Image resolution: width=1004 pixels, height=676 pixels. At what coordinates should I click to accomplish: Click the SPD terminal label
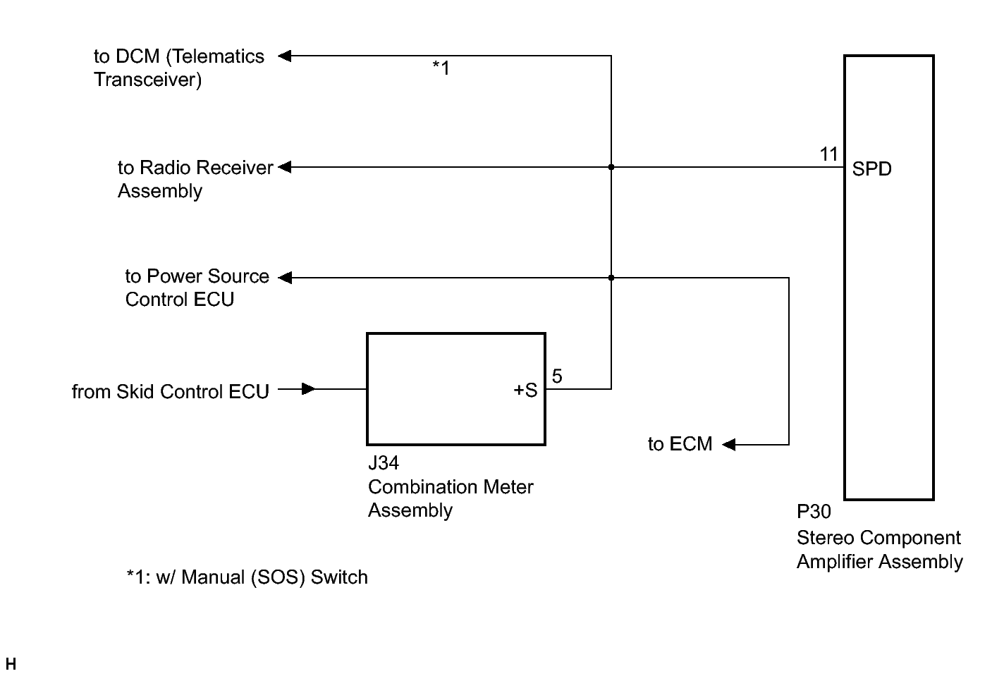[871, 169]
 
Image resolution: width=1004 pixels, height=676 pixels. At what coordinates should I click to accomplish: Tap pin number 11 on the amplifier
[828, 154]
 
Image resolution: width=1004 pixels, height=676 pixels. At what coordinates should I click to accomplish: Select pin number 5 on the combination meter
[557, 376]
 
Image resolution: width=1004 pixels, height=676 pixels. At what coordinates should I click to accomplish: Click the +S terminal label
[525, 390]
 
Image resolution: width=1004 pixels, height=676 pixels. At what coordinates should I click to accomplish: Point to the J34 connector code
[384, 462]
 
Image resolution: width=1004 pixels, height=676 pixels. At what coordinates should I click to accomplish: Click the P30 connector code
[814, 511]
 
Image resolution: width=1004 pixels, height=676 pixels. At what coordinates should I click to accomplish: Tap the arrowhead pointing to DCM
[285, 56]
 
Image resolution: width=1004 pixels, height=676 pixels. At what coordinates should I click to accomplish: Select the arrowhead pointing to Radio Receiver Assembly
[285, 167]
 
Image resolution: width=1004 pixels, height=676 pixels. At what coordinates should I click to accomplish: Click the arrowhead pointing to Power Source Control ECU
[285, 278]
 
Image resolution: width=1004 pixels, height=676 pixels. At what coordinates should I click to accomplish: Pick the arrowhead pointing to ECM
[729, 444]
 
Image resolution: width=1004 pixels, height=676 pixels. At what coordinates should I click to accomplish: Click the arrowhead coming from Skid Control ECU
[309, 389]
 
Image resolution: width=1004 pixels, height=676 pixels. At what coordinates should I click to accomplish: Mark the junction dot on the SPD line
[611, 167]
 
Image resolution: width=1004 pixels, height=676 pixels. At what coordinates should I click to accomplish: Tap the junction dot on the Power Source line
[611, 278]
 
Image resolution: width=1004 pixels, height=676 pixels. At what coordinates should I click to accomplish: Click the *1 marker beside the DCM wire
[441, 68]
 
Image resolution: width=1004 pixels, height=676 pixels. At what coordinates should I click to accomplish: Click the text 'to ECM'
[680, 444]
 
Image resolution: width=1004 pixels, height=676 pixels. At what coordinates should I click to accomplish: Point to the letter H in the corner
[11, 663]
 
